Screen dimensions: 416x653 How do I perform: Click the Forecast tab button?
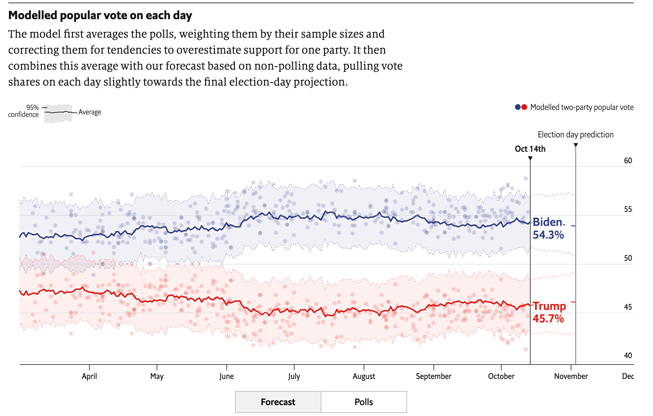coord(278,402)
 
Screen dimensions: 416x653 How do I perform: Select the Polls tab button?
coord(364,402)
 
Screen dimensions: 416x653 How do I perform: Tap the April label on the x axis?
coord(89,376)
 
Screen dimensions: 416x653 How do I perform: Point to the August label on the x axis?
coord(364,376)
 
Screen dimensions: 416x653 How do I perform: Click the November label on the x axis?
coord(571,376)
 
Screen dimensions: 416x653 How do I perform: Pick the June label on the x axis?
coord(227,376)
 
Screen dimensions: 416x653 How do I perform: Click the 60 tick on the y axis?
coord(628,161)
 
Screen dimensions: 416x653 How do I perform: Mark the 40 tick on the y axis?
coord(628,355)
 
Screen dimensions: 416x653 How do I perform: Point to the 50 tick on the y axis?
coord(628,258)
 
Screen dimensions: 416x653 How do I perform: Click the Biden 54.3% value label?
coord(548,229)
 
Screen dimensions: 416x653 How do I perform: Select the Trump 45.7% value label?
coord(549,312)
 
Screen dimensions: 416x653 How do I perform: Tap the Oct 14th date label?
coord(530,149)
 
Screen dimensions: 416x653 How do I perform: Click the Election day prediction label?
coord(575,135)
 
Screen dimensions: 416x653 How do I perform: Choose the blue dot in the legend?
coord(518,107)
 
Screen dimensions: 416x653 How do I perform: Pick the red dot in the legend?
coord(524,107)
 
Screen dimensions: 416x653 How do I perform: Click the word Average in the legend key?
coord(90,112)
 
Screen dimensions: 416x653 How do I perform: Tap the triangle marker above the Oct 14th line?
coord(530,158)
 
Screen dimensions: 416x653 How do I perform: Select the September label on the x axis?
coord(434,376)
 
